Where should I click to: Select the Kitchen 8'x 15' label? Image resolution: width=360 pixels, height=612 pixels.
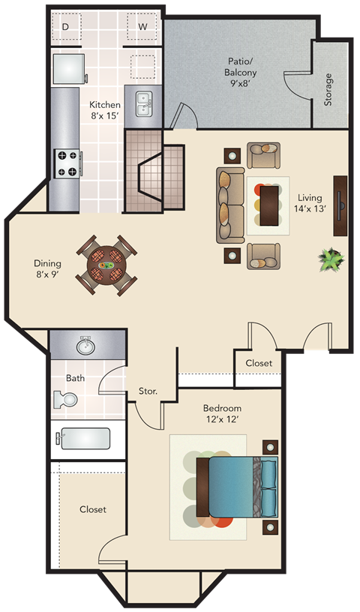point(106,111)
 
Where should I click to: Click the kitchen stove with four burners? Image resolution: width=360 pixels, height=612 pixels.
point(67,163)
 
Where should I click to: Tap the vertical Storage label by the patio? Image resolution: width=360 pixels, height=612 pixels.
point(328,89)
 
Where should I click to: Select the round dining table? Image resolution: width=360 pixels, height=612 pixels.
point(106,263)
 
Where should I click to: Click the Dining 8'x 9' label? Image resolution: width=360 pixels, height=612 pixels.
point(47,269)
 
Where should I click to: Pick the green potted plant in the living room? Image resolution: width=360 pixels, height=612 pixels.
point(330,259)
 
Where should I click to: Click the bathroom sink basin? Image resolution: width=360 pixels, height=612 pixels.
point(85,346)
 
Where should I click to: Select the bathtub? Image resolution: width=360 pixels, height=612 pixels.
point(85,439)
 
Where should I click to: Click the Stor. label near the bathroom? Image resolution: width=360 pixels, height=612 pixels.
point(148,391)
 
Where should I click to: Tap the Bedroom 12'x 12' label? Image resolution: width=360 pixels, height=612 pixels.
point(223,414)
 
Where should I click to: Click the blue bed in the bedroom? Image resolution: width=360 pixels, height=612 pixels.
point(238,486)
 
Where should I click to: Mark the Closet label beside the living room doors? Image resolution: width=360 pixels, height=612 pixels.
point(259,363)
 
